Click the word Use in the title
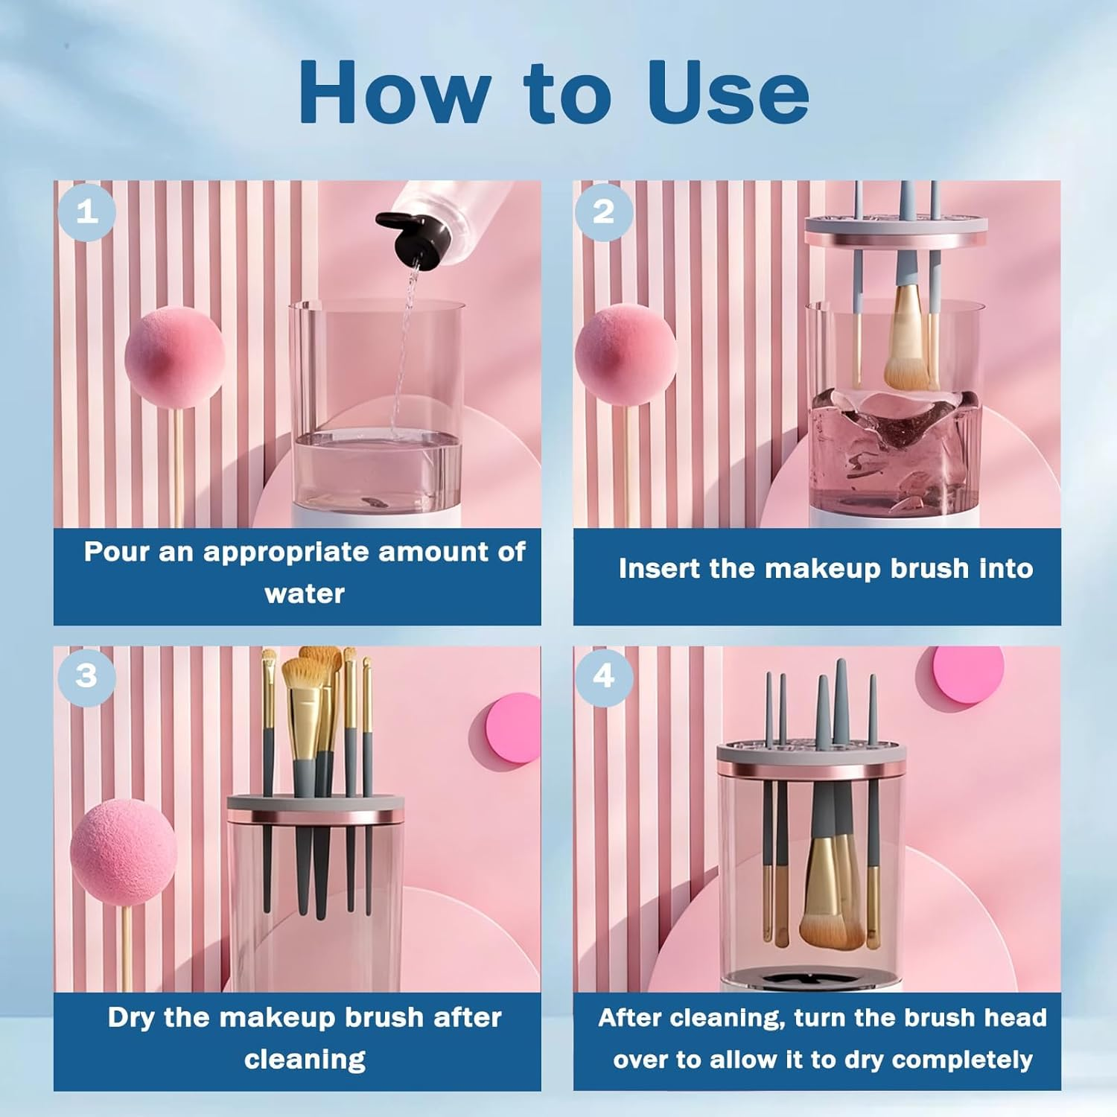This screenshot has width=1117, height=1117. pos(728,92)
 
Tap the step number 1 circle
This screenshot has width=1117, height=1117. pos(87,212)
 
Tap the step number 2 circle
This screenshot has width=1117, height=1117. pos(603,212)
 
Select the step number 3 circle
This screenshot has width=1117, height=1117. pos(86,676)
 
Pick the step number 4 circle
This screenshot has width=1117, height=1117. pos(603,676)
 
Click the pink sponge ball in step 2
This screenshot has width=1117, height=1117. pos(624,357)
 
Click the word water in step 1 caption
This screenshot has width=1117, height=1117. pos(304,594)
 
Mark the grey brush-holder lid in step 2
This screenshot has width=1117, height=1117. pos(896,225)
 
